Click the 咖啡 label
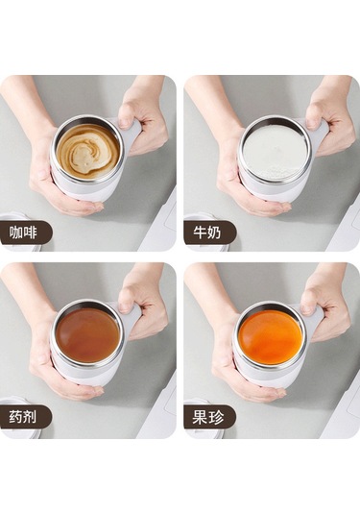click(x=23, y=233)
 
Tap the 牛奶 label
click(x=207, y=233)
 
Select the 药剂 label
click(x=23, y=417)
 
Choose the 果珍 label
click(x=208, y=417)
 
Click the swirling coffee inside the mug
click(x=87, y=151)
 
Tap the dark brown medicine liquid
click(x=87, y=335)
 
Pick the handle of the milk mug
click(x=320, y=131)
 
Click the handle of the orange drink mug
click(x=315, y=316)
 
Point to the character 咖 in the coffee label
click(x=15, y=233)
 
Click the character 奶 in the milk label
click(x=214, y=233)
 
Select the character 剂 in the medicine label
click(x=31, y=417)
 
